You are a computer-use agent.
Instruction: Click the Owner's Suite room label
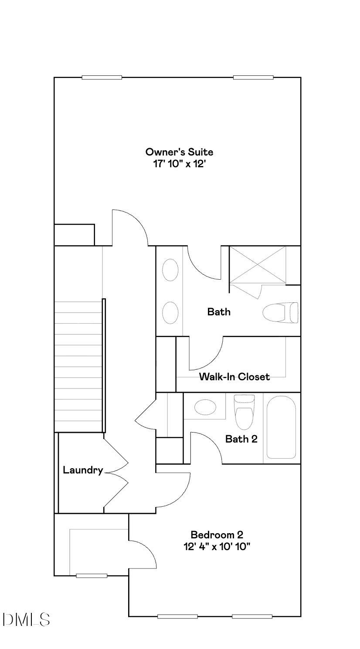click(179, 152)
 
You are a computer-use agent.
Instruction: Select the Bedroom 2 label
click(217, 534)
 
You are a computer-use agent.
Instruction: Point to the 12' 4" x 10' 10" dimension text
click(217, 546)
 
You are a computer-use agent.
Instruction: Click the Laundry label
click(83, 470)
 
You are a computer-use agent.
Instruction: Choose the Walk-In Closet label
click(234, 377)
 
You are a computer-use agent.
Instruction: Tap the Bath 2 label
click(241, 439)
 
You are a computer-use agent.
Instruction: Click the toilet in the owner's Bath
click(281, 313)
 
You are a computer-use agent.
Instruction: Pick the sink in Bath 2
click(205, 408)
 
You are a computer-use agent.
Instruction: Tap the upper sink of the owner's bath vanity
click(170, 270)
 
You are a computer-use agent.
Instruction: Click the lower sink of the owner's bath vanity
click(170, 312)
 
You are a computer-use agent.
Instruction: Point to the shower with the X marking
click(258, 265)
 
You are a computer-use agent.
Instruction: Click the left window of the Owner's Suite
click(102, 78)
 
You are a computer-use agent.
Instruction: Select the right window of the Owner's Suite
click(253, 78)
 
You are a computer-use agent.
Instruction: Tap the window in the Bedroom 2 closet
click(92, 576)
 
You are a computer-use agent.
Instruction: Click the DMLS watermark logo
click(26, 619)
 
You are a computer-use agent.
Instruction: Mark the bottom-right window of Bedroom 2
click(252, 616)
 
